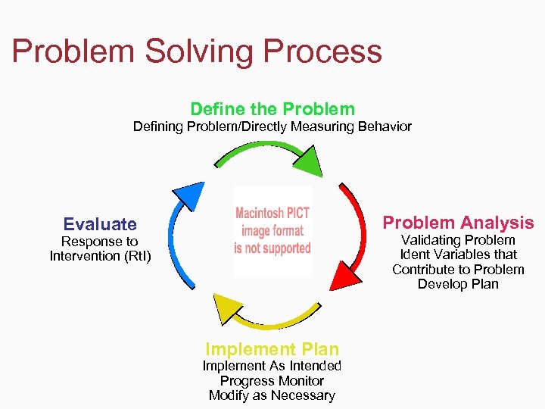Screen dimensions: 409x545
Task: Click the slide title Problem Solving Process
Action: pyautogui.click(x=197, y=52)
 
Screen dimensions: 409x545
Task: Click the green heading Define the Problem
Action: pyautogui.click(x=272, y=109)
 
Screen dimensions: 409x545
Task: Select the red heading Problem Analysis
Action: pyautogui.click(x=458, y=223)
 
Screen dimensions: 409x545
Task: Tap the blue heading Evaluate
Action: pyautogui.click(x=100, y=224)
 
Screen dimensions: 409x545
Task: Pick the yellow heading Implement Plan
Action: pyautogui.click(x=272, y=349)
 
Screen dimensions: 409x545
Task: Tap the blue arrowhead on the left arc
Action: pyautogui.click(x=190, y=196)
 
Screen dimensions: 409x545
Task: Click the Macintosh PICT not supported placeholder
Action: pyautogui.click(x=272, y=231)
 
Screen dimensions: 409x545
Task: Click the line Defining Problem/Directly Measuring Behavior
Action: pyautogui.click(x=272, y=126)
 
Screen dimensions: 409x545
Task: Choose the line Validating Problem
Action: pyautogui.click(x=458, y=240)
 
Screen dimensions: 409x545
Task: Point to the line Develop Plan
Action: pyautogui.click(x=458, y=284)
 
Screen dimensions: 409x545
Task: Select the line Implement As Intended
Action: pyautogui.click(x=272, y=366)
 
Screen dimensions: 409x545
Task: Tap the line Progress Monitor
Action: pyautogui.click(x=272, y=381)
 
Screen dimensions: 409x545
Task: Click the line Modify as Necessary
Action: pyautogui.click(x=272, y=395)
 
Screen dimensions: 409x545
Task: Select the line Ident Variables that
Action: pyautogui.click(x=458, y=254)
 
